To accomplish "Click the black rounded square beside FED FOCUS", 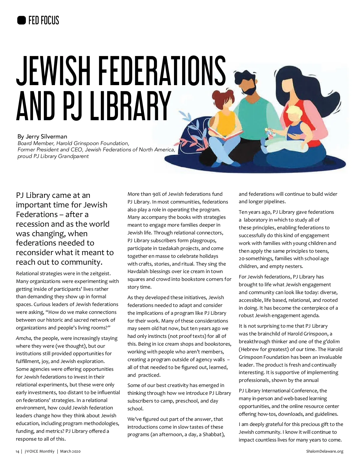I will (x=21, y=20).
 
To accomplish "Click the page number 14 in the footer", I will (x=17, y=451).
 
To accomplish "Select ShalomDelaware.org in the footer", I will (x=325, y=451).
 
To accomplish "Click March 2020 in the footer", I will (x=70, y=451).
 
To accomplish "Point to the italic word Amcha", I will (x=23, y=338).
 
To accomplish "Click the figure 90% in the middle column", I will (x=157, y=194).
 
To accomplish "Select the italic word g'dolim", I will (x=331, y=341).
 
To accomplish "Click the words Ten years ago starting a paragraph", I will (x=255, y=212).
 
